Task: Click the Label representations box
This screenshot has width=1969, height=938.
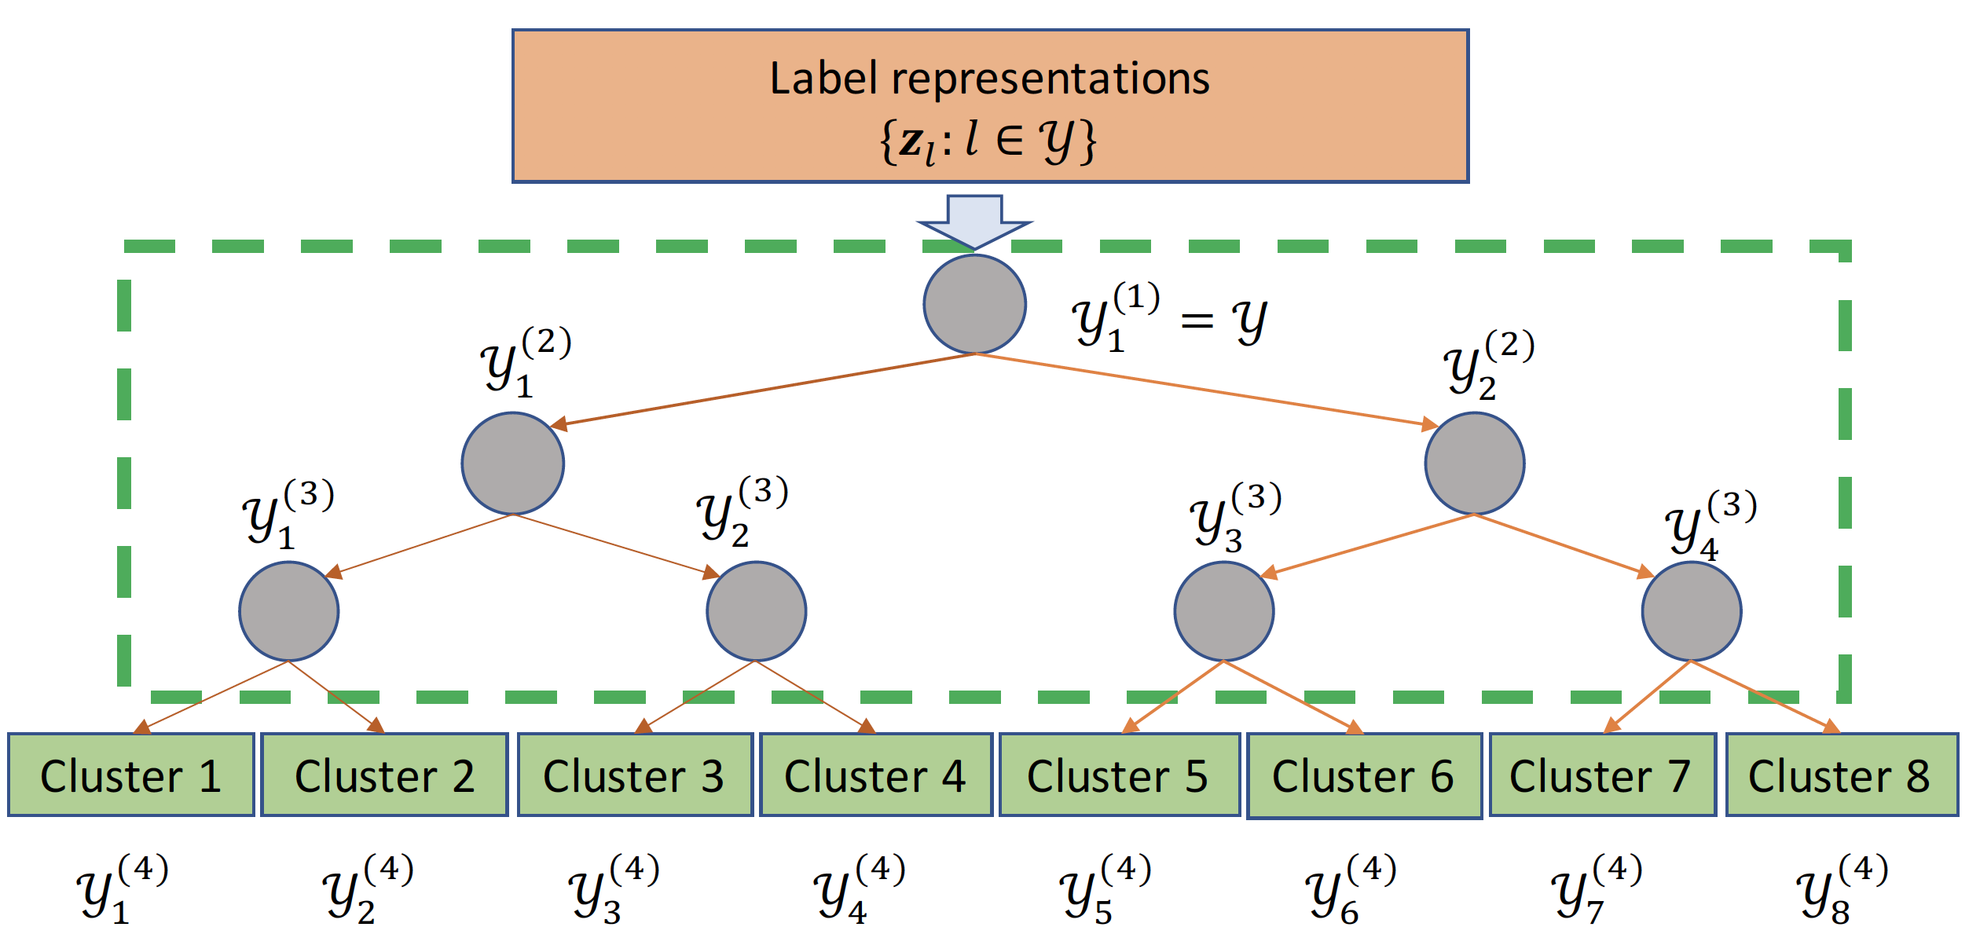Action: pyautogui.click(x=990, y=106)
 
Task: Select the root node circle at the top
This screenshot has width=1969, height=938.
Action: pyautogui.click(x=974, y=304)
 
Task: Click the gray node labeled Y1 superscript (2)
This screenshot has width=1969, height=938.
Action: pyautogui.click(x=512, y=464)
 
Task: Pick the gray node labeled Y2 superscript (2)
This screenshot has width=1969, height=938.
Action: pyautogui.click(x=1474, y=464)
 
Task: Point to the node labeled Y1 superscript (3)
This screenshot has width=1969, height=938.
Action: pyautogui.click(x=289, y=611)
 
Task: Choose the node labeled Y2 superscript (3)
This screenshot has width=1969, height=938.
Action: pyautogui.click(x=756, y=611)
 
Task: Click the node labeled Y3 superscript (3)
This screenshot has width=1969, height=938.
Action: pyautogui.click(x=1223, y=611)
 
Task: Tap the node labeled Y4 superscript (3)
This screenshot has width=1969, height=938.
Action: pyautogui.click(x=1691, y=611)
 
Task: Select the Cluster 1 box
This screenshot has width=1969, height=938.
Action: pyautogui.click(x=131, y=775)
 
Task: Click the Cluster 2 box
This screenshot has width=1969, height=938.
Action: pyautogui.click(x=384, y=775)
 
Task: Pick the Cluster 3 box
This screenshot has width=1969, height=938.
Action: pyautogui.click(x=635, y=775)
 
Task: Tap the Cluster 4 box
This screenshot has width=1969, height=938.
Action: pyautogui.click(x=876, y=775)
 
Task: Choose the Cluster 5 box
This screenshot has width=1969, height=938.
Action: pyautogui.click(x=1119, y=775)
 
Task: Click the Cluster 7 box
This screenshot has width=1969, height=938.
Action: pyautogui.click(x=1602, y=775)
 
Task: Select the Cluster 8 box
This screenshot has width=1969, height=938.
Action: pyautogui.click(x=1841, y=775)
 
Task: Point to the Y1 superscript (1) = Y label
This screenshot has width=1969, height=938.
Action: pyautogui.click(x=1169, y=318)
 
